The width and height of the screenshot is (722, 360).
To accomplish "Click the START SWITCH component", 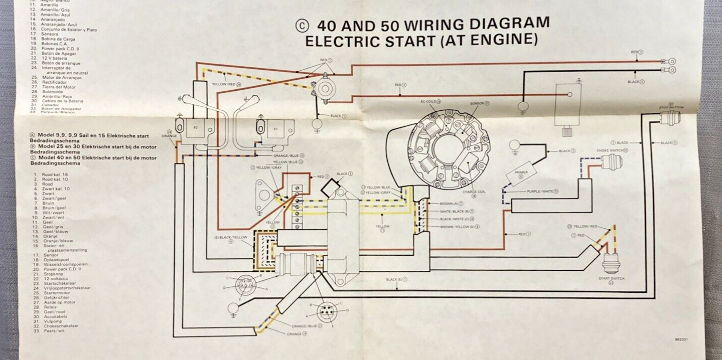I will pyautogui.click(x=611, y=262).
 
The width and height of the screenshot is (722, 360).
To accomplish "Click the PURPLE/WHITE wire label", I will pyautogui.click(x=540, y=192).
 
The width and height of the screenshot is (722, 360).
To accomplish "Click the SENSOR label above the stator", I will pyautogui.click(x=478, y=103).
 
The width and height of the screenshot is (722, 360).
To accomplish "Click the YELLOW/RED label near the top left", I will pyautogui.click(x=224, y=84).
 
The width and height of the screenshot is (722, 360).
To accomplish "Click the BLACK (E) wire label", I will pyautogui.click(x=395, y=279).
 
